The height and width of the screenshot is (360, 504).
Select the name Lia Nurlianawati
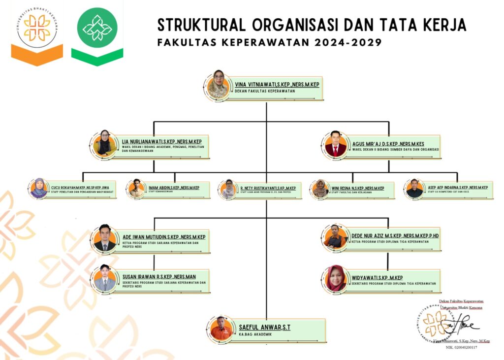[162, 142]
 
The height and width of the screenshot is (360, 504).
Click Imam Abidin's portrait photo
[136, 189]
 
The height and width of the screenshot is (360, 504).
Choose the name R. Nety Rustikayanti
[268, 188]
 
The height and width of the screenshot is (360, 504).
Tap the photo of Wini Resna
[320, 189]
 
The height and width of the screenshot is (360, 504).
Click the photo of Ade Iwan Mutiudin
[104, 238]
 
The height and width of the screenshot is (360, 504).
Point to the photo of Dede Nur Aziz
[336, 236]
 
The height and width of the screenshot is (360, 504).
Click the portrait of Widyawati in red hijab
[336, 278]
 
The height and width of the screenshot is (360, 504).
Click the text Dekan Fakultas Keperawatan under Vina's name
[268, 91]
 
